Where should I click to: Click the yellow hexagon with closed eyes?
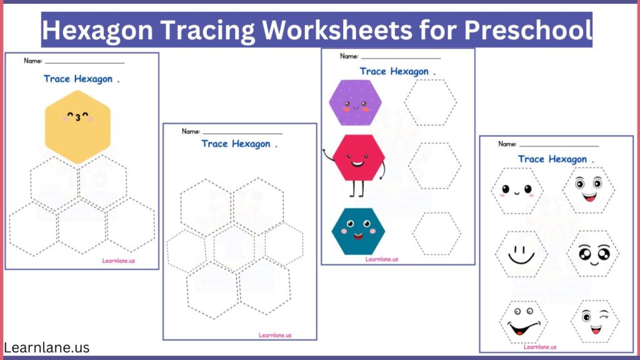tap(77, 127)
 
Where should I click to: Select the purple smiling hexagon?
tap(354, 102)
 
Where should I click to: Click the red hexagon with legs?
tap(359, 157)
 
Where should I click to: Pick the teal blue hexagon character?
tap(358, 231)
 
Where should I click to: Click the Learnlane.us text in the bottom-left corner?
tap(46, 347)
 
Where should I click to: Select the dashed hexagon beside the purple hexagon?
tap(430, 102)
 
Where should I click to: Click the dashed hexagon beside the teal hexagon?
tap(436, 233)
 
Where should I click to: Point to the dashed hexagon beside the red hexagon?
tap(434, 165)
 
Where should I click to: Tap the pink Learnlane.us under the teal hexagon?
tap(381, 259)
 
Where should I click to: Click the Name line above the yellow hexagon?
tap(84, 62)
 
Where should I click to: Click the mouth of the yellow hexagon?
tap(77, 117)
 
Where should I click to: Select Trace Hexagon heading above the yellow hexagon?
tap(78, 79)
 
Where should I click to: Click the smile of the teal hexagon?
tap(357, 236)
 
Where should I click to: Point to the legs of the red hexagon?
tap(359, 187)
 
